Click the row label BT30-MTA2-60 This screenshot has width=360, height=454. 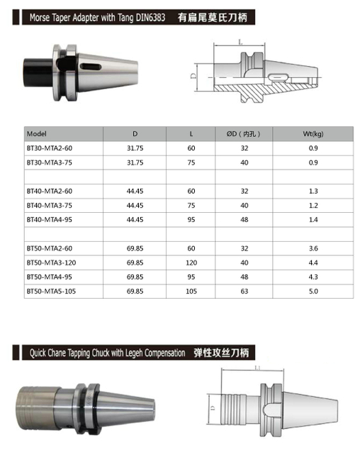49,148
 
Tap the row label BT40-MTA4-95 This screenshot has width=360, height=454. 49,219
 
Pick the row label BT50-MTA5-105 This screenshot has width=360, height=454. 51,291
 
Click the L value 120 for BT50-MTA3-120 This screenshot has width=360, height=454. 191,262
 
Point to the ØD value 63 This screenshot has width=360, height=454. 244,291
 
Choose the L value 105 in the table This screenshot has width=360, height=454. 191,291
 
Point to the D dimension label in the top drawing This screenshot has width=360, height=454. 194,74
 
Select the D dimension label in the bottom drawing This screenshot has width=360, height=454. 213,407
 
